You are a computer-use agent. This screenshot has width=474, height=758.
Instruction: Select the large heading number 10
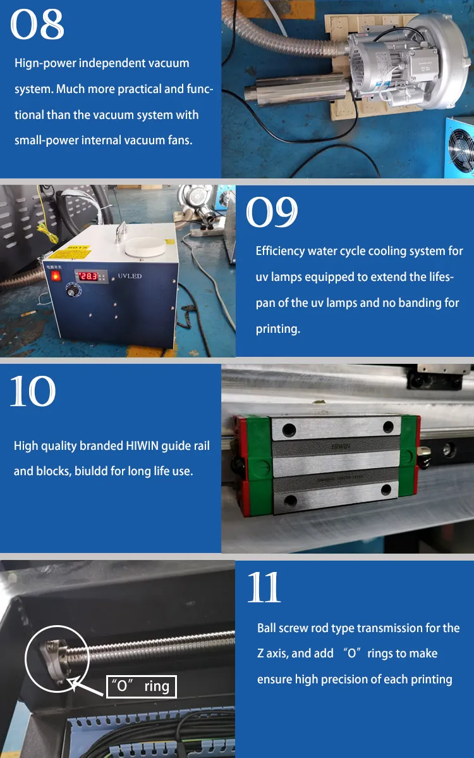coord(33,392)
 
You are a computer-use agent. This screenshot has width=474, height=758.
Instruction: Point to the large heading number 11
coord(264,588)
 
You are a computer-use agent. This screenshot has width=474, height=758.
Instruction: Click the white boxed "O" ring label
coord(141,687)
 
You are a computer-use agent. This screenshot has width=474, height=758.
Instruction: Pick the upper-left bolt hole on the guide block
coord(289,430)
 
